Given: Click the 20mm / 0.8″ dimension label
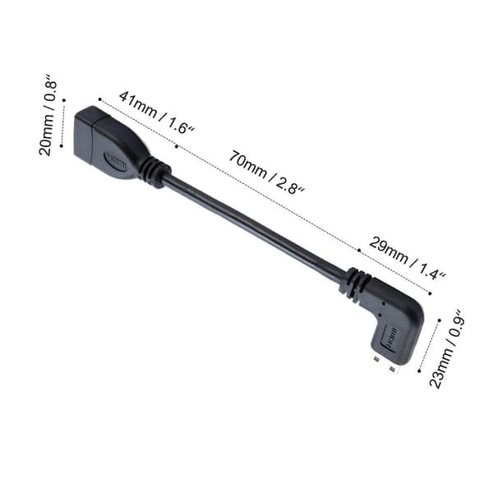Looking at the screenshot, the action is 48,115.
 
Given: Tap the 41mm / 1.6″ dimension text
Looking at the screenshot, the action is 157,113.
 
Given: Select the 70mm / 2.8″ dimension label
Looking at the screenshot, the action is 266,173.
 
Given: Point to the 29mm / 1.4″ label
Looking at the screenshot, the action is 408,258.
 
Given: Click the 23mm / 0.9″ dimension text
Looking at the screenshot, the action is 447,349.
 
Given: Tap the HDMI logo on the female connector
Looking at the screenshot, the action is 116,161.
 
